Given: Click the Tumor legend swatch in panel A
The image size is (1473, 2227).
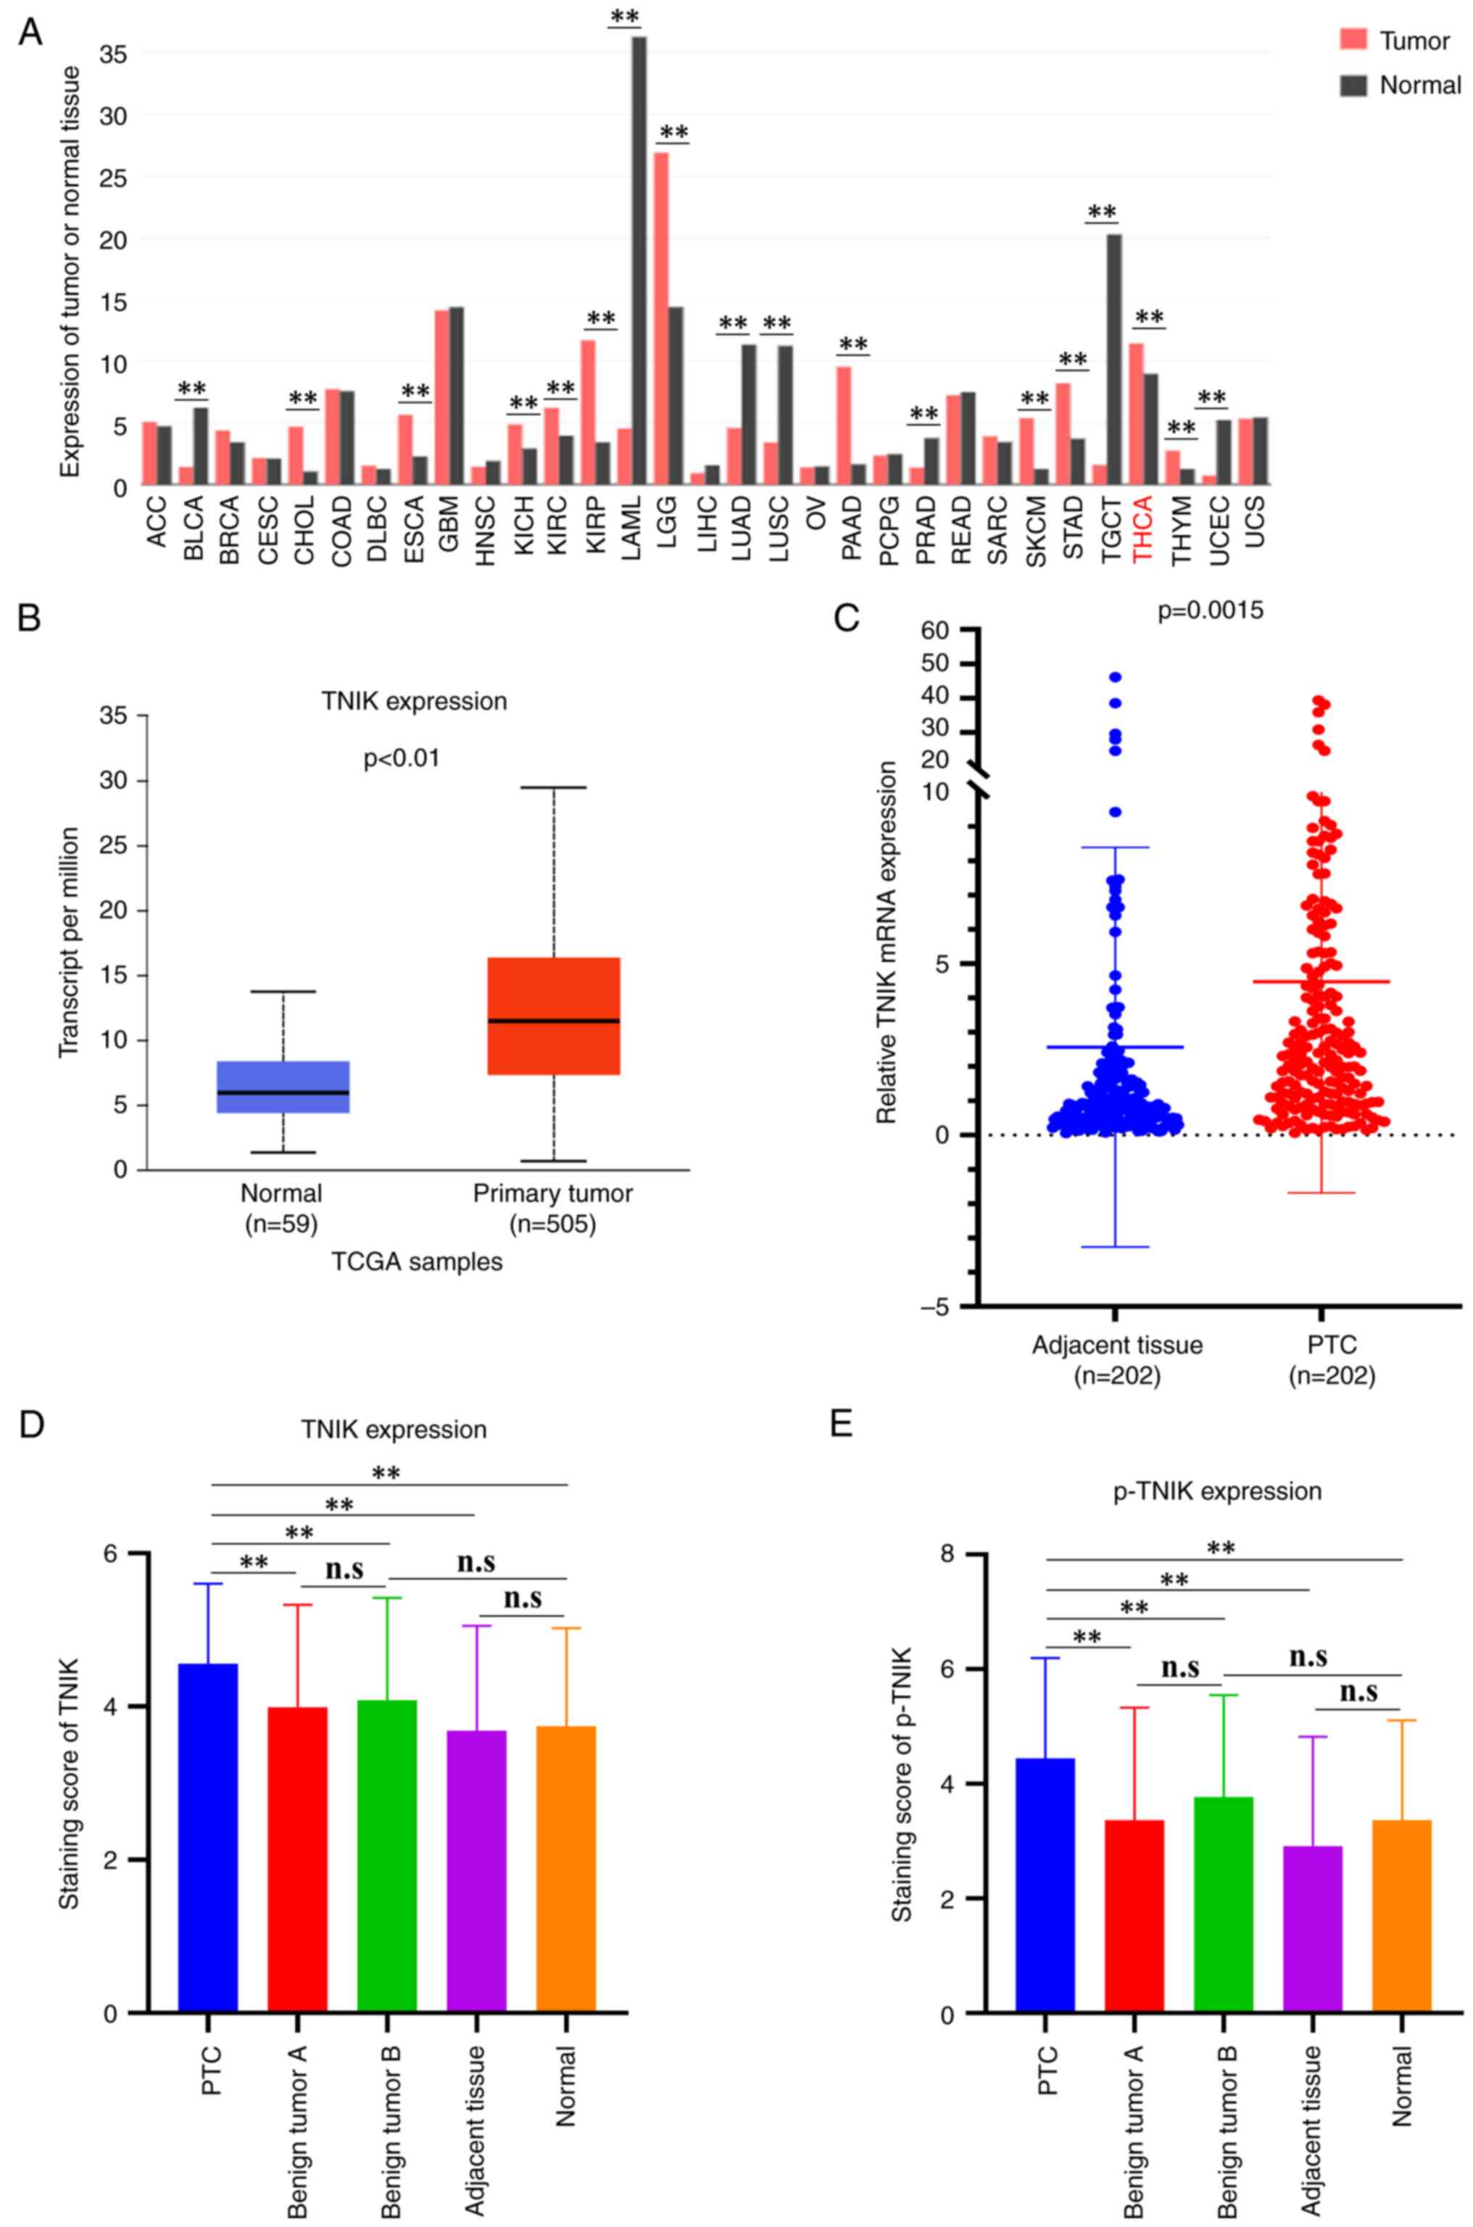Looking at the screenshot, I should coord(1353,41).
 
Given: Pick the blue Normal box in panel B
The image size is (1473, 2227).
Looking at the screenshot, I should coord(283,1087).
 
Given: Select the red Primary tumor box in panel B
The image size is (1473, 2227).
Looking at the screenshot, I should coord(553,1016).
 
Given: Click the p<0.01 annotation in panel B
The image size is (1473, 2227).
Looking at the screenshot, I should coord(401,758).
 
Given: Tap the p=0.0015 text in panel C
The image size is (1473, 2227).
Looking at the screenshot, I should coord(1210,610).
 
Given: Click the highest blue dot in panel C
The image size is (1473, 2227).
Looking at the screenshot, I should coord(1115,676).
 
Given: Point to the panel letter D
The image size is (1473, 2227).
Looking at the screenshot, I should coord(31,1425).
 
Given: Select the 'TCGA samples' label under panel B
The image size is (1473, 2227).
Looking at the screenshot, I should coord(416,1261).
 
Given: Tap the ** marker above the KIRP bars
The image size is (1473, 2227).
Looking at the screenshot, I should coord(600,320).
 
